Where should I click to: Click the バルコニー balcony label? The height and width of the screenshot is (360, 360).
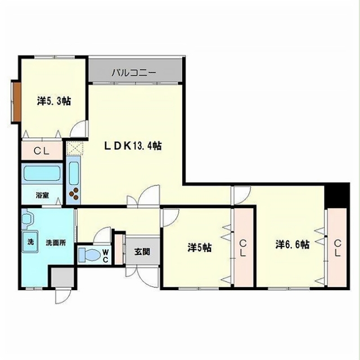click(134, 73)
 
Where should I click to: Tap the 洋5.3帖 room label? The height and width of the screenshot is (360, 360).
click(54, 101)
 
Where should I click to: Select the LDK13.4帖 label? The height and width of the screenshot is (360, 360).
click(133, 146)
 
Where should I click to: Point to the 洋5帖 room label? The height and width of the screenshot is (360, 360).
click(200, 247)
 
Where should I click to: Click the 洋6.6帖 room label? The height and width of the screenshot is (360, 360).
click(292, 244)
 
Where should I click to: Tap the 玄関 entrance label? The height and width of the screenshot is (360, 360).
click(142, 252)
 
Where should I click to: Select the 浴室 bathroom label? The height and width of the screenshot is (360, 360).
click(42, 195)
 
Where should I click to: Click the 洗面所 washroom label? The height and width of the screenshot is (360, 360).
click(56, 242)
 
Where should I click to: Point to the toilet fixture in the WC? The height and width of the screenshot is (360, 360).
click(89, 254)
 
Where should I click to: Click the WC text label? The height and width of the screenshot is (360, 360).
click(105, 256)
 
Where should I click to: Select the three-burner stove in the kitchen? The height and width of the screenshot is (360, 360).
click(74, 194)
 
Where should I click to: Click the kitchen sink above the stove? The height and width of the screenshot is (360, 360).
click(74, 173)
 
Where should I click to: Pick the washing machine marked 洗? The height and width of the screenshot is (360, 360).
click(30, 241)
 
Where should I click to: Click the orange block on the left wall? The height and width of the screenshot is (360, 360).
click(16, 101)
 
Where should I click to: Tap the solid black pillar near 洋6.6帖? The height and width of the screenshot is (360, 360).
click(337, 195)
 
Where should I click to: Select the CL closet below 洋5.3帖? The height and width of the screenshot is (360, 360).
click(42, 151)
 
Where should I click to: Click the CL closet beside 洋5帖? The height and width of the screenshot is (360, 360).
click(244, 247)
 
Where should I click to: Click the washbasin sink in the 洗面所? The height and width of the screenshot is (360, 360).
click(27, 219)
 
